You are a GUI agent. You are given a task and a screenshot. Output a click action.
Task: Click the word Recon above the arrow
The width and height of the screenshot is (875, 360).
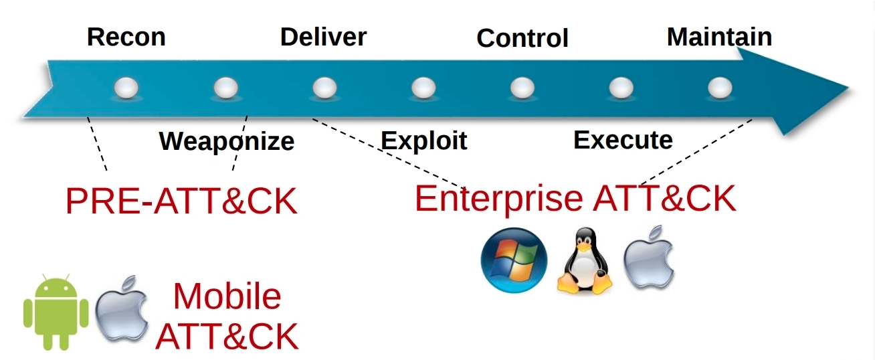click(126, 37)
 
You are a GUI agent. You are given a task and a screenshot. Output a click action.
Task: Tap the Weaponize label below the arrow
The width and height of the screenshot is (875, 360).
click(227, 141)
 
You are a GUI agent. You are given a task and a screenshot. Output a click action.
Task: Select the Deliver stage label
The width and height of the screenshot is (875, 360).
click(323, 37)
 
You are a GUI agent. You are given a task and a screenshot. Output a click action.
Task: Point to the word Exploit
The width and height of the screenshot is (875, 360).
click(423, 141)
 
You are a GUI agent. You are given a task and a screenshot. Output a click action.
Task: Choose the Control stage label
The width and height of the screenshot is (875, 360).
click(522, 38)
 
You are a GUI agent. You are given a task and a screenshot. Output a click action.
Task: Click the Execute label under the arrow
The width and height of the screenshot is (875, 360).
click(623, 139)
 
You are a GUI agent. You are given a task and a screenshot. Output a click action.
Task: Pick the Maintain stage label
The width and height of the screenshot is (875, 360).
click(719, 37)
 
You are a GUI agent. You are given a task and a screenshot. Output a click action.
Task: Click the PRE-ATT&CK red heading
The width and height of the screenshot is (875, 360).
click(181, 201)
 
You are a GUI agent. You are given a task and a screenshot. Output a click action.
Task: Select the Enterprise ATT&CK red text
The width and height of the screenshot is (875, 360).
click(575, 198)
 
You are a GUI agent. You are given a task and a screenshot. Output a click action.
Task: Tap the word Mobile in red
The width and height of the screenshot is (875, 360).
click(227, 296)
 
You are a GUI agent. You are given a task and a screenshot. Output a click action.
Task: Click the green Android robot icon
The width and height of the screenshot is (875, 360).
click(56, 311)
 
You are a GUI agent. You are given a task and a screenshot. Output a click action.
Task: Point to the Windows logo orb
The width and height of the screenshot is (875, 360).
click(514, 260)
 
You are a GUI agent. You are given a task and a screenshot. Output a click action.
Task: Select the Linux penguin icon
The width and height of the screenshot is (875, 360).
click(585, 261)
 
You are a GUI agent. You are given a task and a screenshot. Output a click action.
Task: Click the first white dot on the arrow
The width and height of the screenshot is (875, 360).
click(127, 88)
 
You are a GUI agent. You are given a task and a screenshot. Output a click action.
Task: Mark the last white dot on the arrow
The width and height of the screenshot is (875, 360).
click(720, 88)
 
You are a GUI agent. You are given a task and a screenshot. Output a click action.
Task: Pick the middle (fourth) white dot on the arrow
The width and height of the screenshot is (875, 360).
click(423, 88)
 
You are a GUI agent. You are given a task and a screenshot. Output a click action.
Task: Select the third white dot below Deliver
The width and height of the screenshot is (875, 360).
click(324, 88)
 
